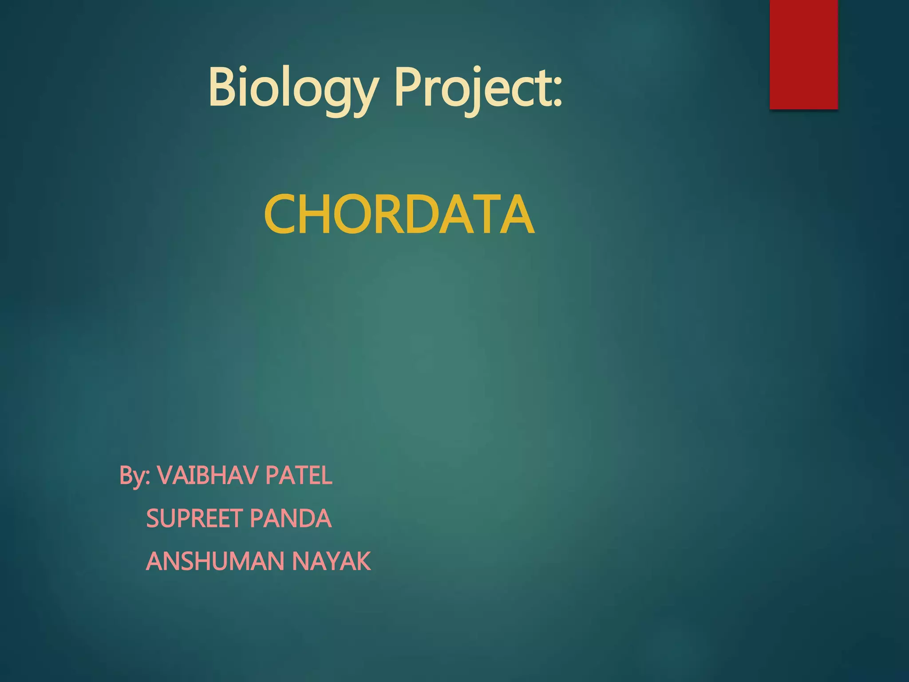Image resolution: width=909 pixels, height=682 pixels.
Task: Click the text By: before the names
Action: pos(135,476)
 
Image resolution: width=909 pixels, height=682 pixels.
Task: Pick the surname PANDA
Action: pos(291,518)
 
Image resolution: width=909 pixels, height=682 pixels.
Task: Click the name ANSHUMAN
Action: pos(215,561)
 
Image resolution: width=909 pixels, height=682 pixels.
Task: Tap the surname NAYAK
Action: pos(331,561)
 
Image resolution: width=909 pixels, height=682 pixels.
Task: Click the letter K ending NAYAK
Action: pos(362,561)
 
